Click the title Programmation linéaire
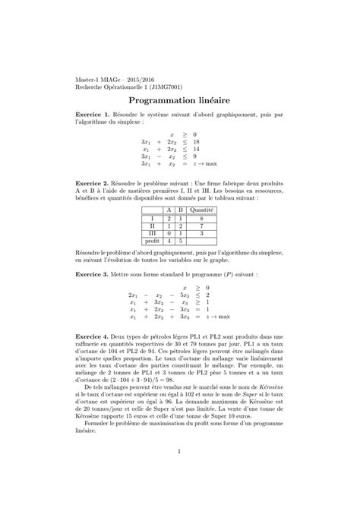[x=180, y=99]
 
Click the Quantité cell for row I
[x=201, y=216]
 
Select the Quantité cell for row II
[x=201, y=224]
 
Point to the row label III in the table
[x=153, y=232]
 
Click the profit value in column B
[x=181, y=239]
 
